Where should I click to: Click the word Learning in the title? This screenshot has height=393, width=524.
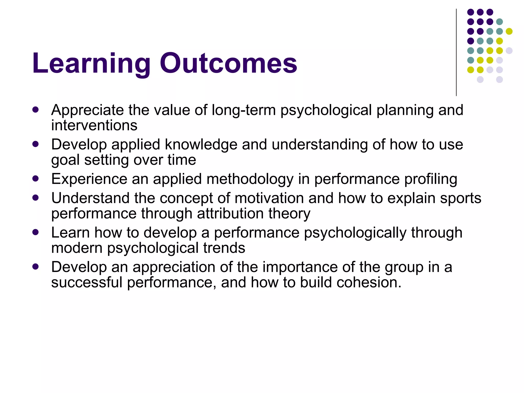[x=91, y=64]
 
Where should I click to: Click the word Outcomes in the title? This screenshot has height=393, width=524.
[x=228, y=63]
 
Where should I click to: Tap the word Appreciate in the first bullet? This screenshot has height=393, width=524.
[x=88, y=111]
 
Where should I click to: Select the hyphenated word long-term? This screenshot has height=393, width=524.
[x=244, y=111]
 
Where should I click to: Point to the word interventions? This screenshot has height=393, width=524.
[x=94, y=125]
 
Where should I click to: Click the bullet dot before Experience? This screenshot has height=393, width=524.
[x=36, y=178]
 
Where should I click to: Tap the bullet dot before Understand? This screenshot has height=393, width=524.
[x=36, y=198]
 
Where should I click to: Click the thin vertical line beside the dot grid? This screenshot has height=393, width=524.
[x=456, y=52]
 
